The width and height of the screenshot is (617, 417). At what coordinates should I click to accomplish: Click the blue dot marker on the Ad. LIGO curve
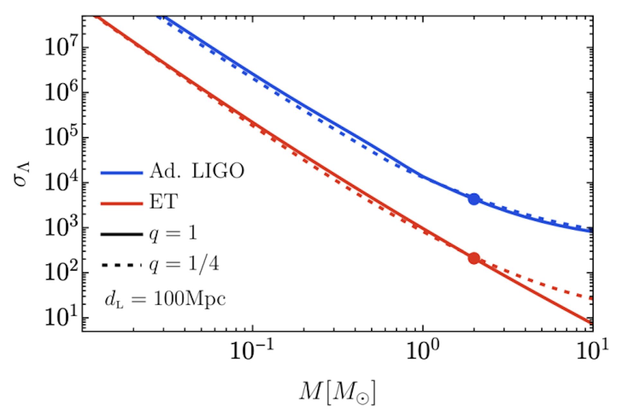click(474, 199)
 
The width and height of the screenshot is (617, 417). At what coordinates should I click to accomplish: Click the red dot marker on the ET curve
click(474, 258)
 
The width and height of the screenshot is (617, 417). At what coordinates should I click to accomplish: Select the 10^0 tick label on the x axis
click(423, 351)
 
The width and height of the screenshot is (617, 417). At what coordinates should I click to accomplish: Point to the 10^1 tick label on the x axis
click(593, 351)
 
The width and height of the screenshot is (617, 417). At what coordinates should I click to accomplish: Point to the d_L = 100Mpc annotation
click(165, 299)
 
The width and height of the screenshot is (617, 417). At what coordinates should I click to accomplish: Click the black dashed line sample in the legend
click(121, 265)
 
